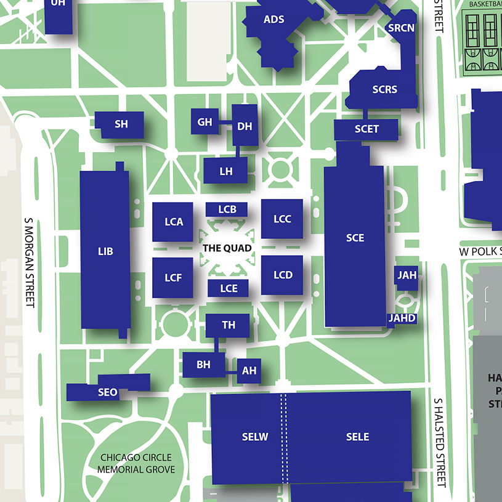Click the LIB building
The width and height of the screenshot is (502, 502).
pos(105,251)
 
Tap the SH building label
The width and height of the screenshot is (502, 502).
pos(121,124)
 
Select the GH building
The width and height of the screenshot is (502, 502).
pos(205,122)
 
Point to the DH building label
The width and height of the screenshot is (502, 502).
pos(245,126)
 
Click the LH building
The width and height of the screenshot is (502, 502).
pos(226,171)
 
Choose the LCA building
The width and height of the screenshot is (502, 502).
pos(174,222)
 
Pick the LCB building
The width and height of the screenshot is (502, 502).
pos(227,209)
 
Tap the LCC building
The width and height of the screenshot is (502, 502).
pos(282,219)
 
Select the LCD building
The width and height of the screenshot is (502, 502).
pos(283,275)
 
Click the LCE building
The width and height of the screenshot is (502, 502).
pos(229,288)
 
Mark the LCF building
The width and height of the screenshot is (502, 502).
pos(173,278)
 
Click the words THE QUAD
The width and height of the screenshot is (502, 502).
pos(227,248)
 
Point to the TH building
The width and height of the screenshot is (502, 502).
pos(229,325)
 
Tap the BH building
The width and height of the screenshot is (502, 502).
pos(203,365)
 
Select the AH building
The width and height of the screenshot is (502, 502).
pos(249,371)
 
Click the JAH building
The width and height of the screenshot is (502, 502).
pos(407,275)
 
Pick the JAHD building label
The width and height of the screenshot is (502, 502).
pos(402,318)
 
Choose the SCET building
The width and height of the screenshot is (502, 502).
pos(366,129)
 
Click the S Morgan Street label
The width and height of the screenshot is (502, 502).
pos(28,261)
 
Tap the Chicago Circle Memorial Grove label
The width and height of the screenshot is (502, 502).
pos(136,464)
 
